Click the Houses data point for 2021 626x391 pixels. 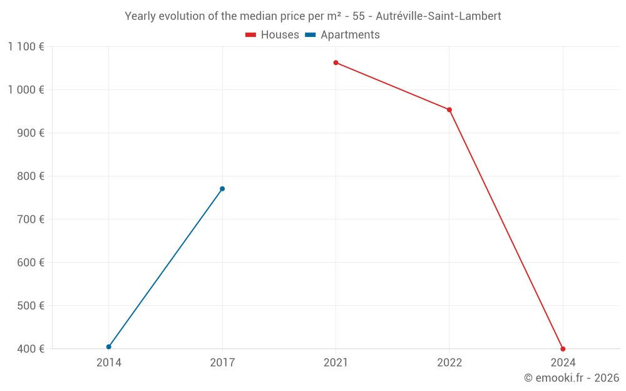pos(336,63)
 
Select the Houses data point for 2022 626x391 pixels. pos(449,110)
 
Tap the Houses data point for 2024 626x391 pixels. pos(563,349)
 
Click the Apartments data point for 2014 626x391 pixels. pos(109,347)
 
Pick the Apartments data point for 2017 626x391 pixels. pos(222,189)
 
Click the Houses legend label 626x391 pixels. pos(280,35)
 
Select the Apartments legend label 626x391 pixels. pos(350,35)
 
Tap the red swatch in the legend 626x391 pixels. pos(250,35)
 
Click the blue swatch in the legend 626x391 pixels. pos(310,35)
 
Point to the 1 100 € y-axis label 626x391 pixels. pos(26,46)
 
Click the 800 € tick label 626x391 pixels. pos(31,176)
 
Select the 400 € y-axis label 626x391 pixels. pos(31,349)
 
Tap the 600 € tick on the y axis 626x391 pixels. pos(31,263)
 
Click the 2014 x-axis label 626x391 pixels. pos(109,363)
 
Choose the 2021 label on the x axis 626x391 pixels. pos(336,363)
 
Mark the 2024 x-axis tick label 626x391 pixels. pos(563,363)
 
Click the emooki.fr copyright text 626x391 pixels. pos(571,378)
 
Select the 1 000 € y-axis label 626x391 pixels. pos(26,89)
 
